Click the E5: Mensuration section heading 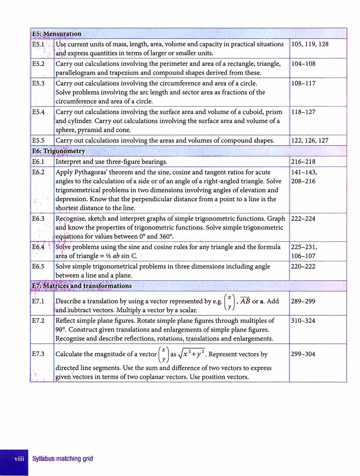click(57, 34)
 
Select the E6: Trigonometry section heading click(59, 151)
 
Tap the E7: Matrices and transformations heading click(82, 286)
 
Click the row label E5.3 click(38, 83)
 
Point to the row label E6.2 click(38, 172)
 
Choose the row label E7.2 click(38, 320)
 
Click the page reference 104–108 click(303, 64)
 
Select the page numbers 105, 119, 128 click(310, 44)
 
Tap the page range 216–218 click(303, 161)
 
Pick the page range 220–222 click(303, 266)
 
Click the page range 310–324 click(303, 320)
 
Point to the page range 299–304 click(303, 354)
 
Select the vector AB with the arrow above click(245, 301)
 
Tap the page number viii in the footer click(19, 459)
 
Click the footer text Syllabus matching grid click(63, 459)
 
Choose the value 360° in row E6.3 click(166, 236)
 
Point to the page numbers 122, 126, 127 click(310, 141)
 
